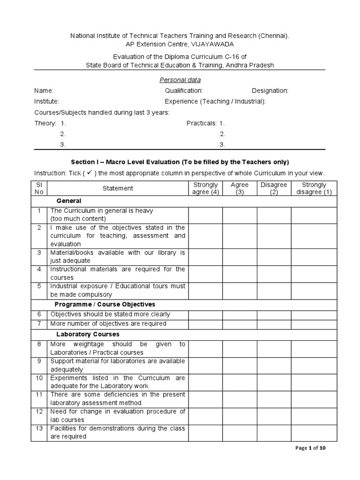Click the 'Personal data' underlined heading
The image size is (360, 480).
(180, 80)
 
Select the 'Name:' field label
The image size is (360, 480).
(44, 90)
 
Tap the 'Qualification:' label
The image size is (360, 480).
(184, 90)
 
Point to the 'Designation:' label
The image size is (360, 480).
(270, 90)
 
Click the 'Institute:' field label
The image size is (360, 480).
(46, 101)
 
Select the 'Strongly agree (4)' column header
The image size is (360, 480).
(205, 188)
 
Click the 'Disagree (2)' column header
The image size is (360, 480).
(274, 188)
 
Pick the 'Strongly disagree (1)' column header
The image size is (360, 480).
(314, 188)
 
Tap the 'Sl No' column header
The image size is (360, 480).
(39, 188)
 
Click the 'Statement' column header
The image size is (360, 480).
(118, 188)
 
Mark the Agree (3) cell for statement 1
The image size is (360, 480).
(240, 215)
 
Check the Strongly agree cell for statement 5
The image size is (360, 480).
(205, 291)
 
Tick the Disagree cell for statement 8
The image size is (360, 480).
(274, 348)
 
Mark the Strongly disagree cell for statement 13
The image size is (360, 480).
(314, 433)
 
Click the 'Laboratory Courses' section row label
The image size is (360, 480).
(88, 334)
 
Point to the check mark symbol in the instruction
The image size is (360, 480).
(88, 173)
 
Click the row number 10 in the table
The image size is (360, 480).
(39, 378)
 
